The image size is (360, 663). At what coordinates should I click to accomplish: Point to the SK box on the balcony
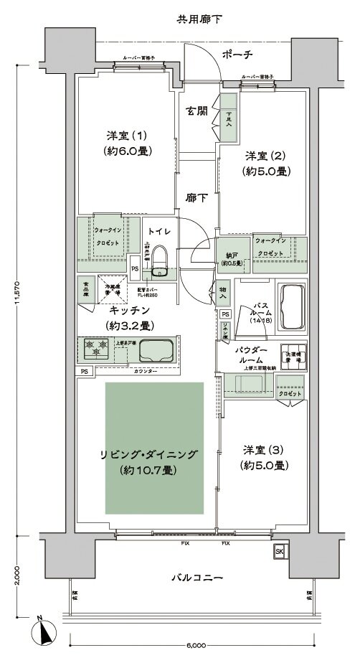pyautogui.click(x=278, y=551)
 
